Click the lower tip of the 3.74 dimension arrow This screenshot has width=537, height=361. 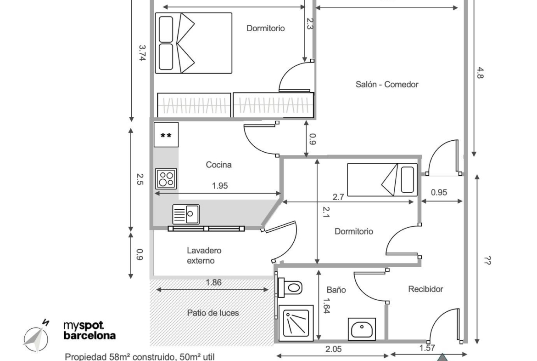132,121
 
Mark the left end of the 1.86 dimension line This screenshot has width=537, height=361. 156,290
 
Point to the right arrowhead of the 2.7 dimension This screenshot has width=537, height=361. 414,202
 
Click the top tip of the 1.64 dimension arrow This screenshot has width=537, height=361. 319,270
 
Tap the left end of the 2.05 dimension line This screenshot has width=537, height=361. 276,355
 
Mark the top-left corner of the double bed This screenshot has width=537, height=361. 156,13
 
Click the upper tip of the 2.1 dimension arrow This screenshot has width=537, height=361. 318,159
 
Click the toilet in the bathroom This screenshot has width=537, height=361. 290,287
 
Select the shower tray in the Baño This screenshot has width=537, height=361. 296,323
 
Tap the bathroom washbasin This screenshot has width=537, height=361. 362,328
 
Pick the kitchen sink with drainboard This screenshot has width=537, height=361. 185,214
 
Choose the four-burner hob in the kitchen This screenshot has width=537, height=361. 166,178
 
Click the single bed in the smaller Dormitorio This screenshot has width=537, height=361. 382,179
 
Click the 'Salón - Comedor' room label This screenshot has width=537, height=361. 387,85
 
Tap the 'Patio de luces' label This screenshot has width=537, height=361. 213,313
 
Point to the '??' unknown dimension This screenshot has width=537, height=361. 487,261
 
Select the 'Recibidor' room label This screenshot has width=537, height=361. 425,289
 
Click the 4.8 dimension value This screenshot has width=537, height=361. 480,73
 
